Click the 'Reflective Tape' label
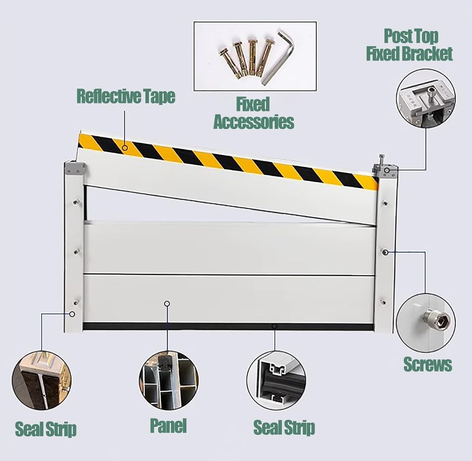point(126,97)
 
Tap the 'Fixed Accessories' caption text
point(253,113)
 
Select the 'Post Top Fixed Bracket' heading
point(409,45)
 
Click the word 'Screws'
point(427,364)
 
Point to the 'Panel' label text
point(168,426)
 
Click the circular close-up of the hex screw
point(425,322)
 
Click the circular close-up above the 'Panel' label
point(168,380)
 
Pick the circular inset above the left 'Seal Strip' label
point(41,380)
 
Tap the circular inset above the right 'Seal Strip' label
point(276,380)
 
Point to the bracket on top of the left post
point(74,168)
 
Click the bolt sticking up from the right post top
point(382,161)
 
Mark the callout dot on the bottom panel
point(167,303)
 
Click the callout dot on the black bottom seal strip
point(274,327)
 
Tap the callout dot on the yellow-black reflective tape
point(125,147)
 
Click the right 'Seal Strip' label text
point(284,428)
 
